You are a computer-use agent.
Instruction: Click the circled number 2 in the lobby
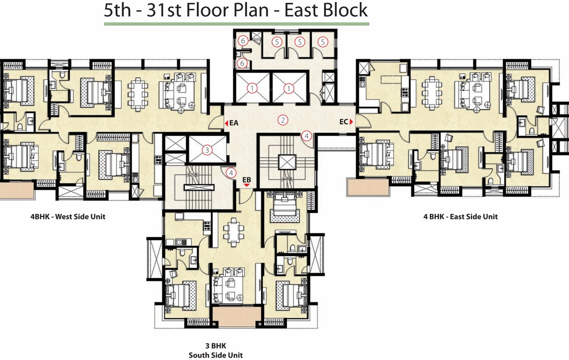282,120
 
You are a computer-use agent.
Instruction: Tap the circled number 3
206,150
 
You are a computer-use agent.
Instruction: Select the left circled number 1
252,88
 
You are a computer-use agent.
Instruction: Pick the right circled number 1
289,88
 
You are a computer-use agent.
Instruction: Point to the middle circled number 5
299,42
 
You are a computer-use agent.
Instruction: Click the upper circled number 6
243,41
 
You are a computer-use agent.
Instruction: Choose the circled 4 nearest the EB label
230,172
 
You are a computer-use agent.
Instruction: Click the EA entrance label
235,123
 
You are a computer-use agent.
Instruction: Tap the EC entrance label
343,122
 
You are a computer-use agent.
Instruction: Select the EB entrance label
247,180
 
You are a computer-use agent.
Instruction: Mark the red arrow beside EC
351,122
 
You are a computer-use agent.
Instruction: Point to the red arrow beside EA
226,123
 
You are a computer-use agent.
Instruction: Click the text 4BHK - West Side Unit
68,217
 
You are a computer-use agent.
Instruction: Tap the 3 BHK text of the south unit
216,346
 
